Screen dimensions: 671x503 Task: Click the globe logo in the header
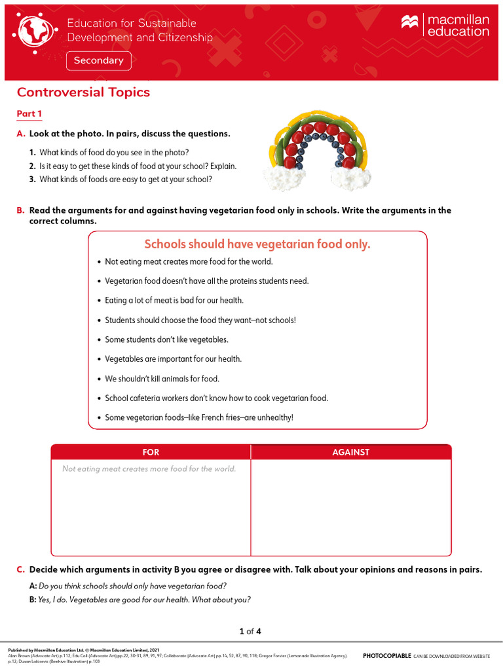[x=37, y=31]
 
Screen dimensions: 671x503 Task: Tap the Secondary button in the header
[x=98, y=61]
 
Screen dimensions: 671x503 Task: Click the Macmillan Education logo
[x=445, y=26]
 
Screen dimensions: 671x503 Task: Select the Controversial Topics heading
[x=83, y=92]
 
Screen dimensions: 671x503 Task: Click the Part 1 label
[x=29, y=114]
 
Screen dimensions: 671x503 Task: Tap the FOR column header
[x=151, y=452]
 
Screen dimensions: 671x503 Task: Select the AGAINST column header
[x=351, y=452]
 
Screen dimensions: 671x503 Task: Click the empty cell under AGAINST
[x=351, y=508]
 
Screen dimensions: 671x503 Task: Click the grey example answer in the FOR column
[x=149, y=469]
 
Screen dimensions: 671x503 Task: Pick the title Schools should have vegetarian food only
[x=257, y=244]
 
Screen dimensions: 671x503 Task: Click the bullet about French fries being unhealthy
[x=199, y=417]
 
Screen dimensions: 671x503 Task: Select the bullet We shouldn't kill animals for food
[x=162, y=379]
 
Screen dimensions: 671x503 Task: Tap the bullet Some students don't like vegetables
[x=166, y=339]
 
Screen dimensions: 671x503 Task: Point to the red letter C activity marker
[x=20, y=570]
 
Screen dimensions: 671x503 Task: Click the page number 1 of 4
[x=251, y=632]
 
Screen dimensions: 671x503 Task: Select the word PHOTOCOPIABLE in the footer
[x=387, y=655]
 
